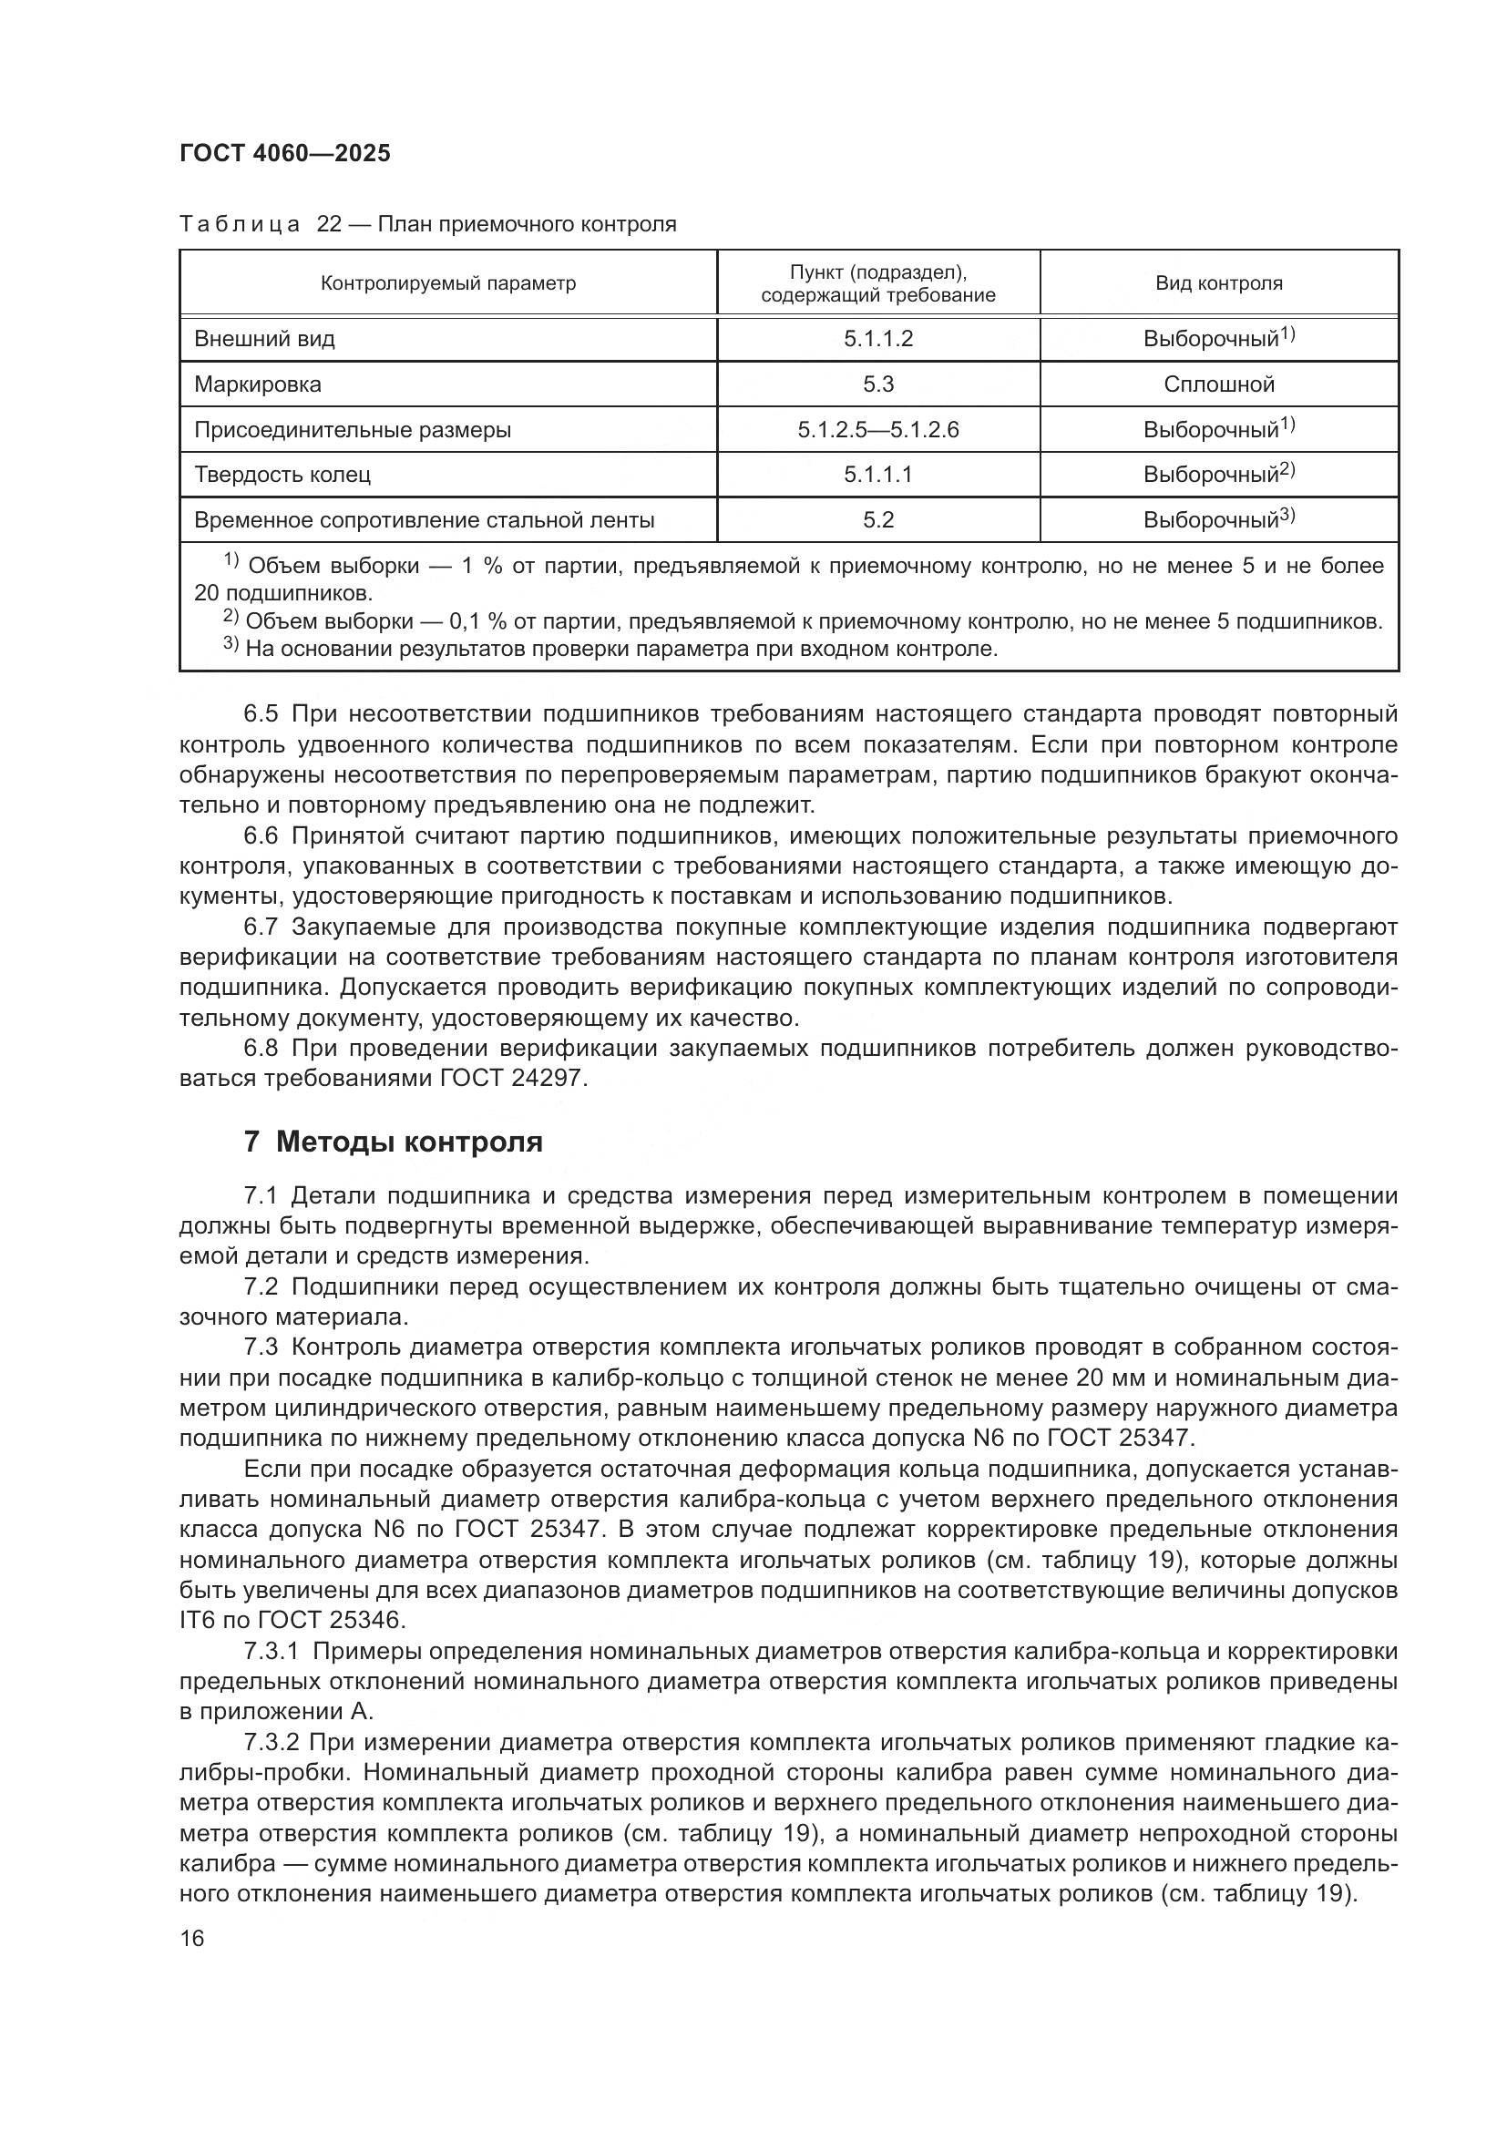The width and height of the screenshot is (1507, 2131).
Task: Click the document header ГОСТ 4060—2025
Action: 285,153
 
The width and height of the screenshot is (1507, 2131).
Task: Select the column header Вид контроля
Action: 1217,283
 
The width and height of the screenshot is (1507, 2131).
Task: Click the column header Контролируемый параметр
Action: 448,283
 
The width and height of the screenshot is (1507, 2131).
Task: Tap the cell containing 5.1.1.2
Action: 877,339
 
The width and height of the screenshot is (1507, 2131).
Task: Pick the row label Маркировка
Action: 257,384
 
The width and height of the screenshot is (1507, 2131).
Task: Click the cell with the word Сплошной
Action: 1218,384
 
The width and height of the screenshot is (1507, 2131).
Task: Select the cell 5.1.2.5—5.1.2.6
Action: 877,430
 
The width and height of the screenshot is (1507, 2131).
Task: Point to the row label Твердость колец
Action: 282,476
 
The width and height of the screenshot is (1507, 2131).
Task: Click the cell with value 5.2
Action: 877,519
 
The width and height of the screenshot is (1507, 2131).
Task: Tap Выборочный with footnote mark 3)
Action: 1217,519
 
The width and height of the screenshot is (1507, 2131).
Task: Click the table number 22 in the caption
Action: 330,225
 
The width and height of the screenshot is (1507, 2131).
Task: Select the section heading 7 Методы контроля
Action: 393,1142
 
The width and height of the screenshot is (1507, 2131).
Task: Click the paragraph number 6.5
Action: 261,713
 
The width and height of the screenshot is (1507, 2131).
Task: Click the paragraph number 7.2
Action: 261,1287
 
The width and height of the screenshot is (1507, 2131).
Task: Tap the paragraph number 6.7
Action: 261,927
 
